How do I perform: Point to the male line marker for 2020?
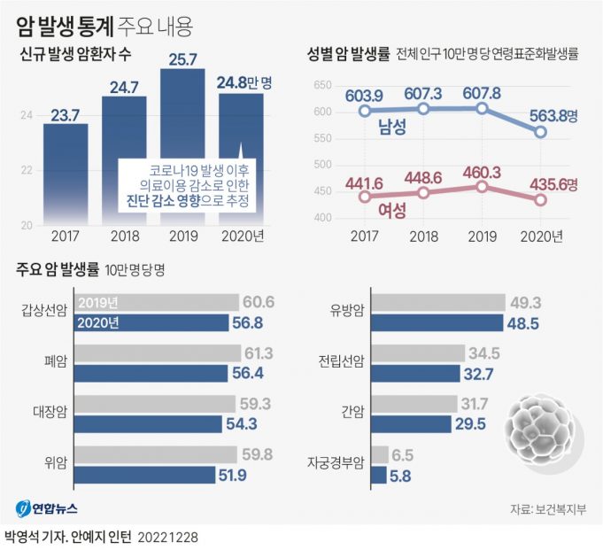541,133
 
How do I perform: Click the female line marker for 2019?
482,187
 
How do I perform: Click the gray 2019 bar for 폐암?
158,354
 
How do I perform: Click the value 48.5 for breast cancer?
522,323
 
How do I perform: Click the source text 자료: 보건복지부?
550,509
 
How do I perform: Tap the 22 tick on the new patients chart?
27,169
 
